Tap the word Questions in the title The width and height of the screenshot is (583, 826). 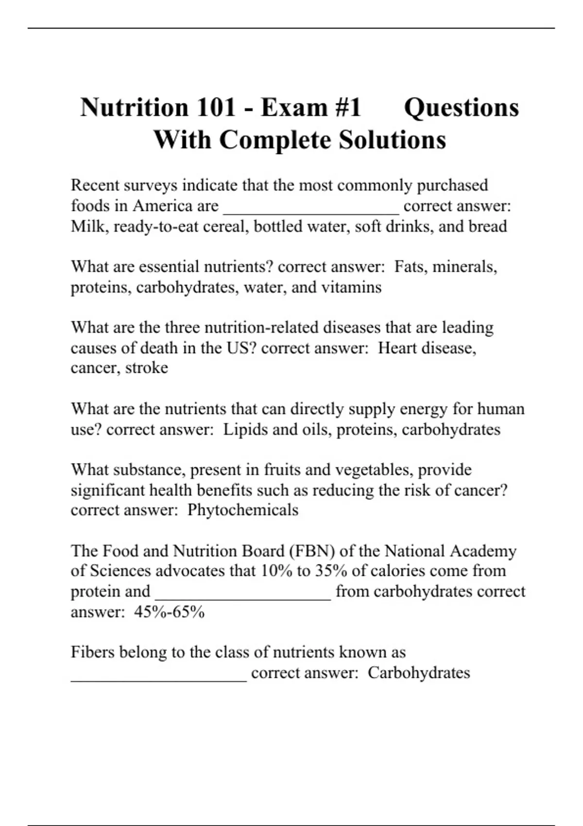tap(462, 107)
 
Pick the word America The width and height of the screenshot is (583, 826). tap(162, 206)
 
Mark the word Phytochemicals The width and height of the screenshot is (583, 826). tap(243, 510)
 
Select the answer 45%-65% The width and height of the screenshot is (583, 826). tap(169, 612)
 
